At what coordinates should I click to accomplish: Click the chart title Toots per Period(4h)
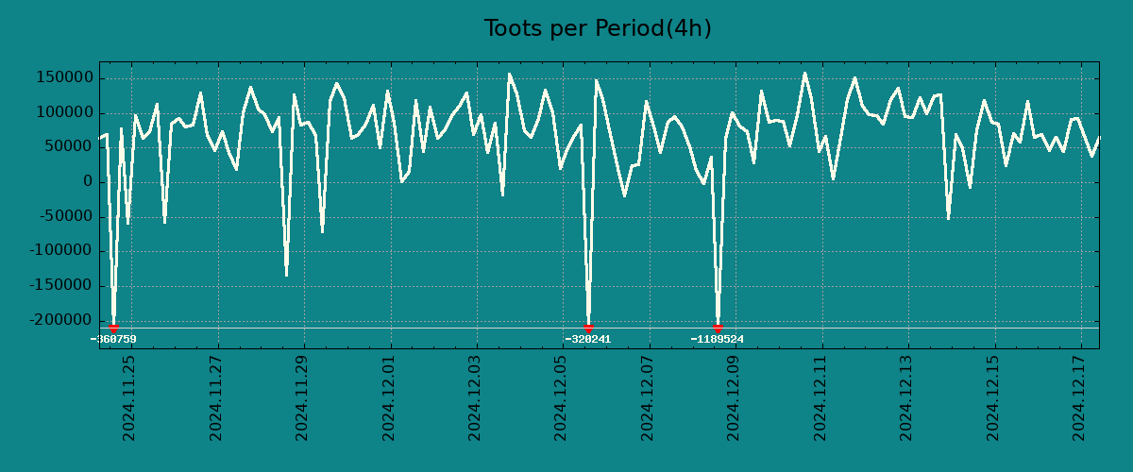pyautogui.click(x=598, y=28)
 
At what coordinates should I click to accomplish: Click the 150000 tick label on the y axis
pyautogui.click(x=63, y=78)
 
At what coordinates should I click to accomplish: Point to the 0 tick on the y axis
pyautogui.click(x=88, y=182)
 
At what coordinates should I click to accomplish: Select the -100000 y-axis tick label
pyautogui.click(x=60, y=251)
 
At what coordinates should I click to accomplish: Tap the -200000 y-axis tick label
pyautogui.click(x=60, y=320)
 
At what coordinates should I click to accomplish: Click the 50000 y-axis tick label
pyautogui.click(x=67, y=147)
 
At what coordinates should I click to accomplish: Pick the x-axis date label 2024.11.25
pyautogui.click(x=129, y=397)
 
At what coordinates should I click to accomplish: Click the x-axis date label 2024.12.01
pyautogui.click(x=389, y=397)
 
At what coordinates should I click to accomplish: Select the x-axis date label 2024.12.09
pyautogui.click(x=735, y=397)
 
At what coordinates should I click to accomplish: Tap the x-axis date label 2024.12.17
pyautogui.click(x=1080, y=397)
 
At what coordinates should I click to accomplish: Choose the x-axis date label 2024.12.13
pyautogui.click(x=907, y=397)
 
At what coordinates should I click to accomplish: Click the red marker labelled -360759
pyautogui.click(x=113, y=328)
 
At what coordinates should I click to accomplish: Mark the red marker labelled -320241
pyautogui.click(x=588, y=328)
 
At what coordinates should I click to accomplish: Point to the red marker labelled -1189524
pyautogui.click(x=718, y=328)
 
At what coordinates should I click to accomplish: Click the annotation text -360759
pyautogui.click(x=113, y=339)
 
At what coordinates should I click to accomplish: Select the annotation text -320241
pyautogui.click(x=588, y=339)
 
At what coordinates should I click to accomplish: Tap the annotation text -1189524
pyautogui.click(x=718, y=339)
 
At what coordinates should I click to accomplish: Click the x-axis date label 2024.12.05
pyautogui.click(x=562, y=397)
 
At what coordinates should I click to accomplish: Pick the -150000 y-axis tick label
pyautogui.click(x=60, y=285)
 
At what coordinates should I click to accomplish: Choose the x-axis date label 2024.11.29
pyautogui.click(x=302, y=397)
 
